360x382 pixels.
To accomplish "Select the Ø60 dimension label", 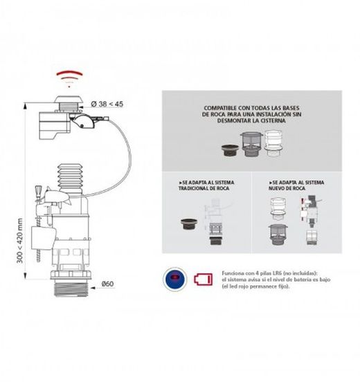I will point(105,283).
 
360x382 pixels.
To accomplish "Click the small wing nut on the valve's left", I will point(40,190).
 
